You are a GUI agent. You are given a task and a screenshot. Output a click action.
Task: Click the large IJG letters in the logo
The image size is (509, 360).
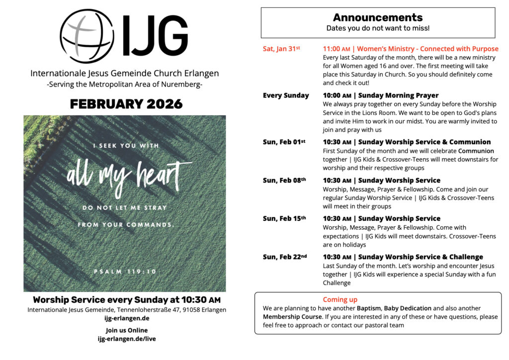[x=156, y=35]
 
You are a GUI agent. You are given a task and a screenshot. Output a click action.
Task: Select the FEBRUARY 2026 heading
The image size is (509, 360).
[x=126, y=104]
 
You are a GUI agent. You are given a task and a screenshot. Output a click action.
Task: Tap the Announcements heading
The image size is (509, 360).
[x=378, y=18]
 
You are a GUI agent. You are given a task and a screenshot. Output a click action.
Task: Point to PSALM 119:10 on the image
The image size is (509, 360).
[x=125, y=271]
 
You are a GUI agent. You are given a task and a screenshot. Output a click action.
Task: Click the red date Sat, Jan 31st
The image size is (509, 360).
[x=282, y=49]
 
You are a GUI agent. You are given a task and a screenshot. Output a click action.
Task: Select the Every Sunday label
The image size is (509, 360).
[x=286, y=95]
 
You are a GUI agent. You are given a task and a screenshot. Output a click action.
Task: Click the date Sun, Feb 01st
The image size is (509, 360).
[x=284, y=142]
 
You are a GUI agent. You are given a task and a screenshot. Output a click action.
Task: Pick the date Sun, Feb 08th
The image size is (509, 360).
[x=284, y=180]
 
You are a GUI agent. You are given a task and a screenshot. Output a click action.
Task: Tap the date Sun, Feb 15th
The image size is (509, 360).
[x=284, y=218]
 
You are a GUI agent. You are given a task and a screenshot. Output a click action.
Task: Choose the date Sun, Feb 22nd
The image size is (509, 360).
[x=285, y=257]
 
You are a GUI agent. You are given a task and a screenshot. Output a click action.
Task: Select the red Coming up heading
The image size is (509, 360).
[x=340, y=299]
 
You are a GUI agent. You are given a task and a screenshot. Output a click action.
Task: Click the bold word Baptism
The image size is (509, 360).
[x=369, y=308]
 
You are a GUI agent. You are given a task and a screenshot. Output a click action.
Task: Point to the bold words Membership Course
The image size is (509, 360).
[x=292, y=317]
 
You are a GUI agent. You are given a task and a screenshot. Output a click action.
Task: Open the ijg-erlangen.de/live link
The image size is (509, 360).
[x=126, y=339]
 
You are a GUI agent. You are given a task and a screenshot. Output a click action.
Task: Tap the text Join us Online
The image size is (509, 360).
[x=126, y=330]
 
